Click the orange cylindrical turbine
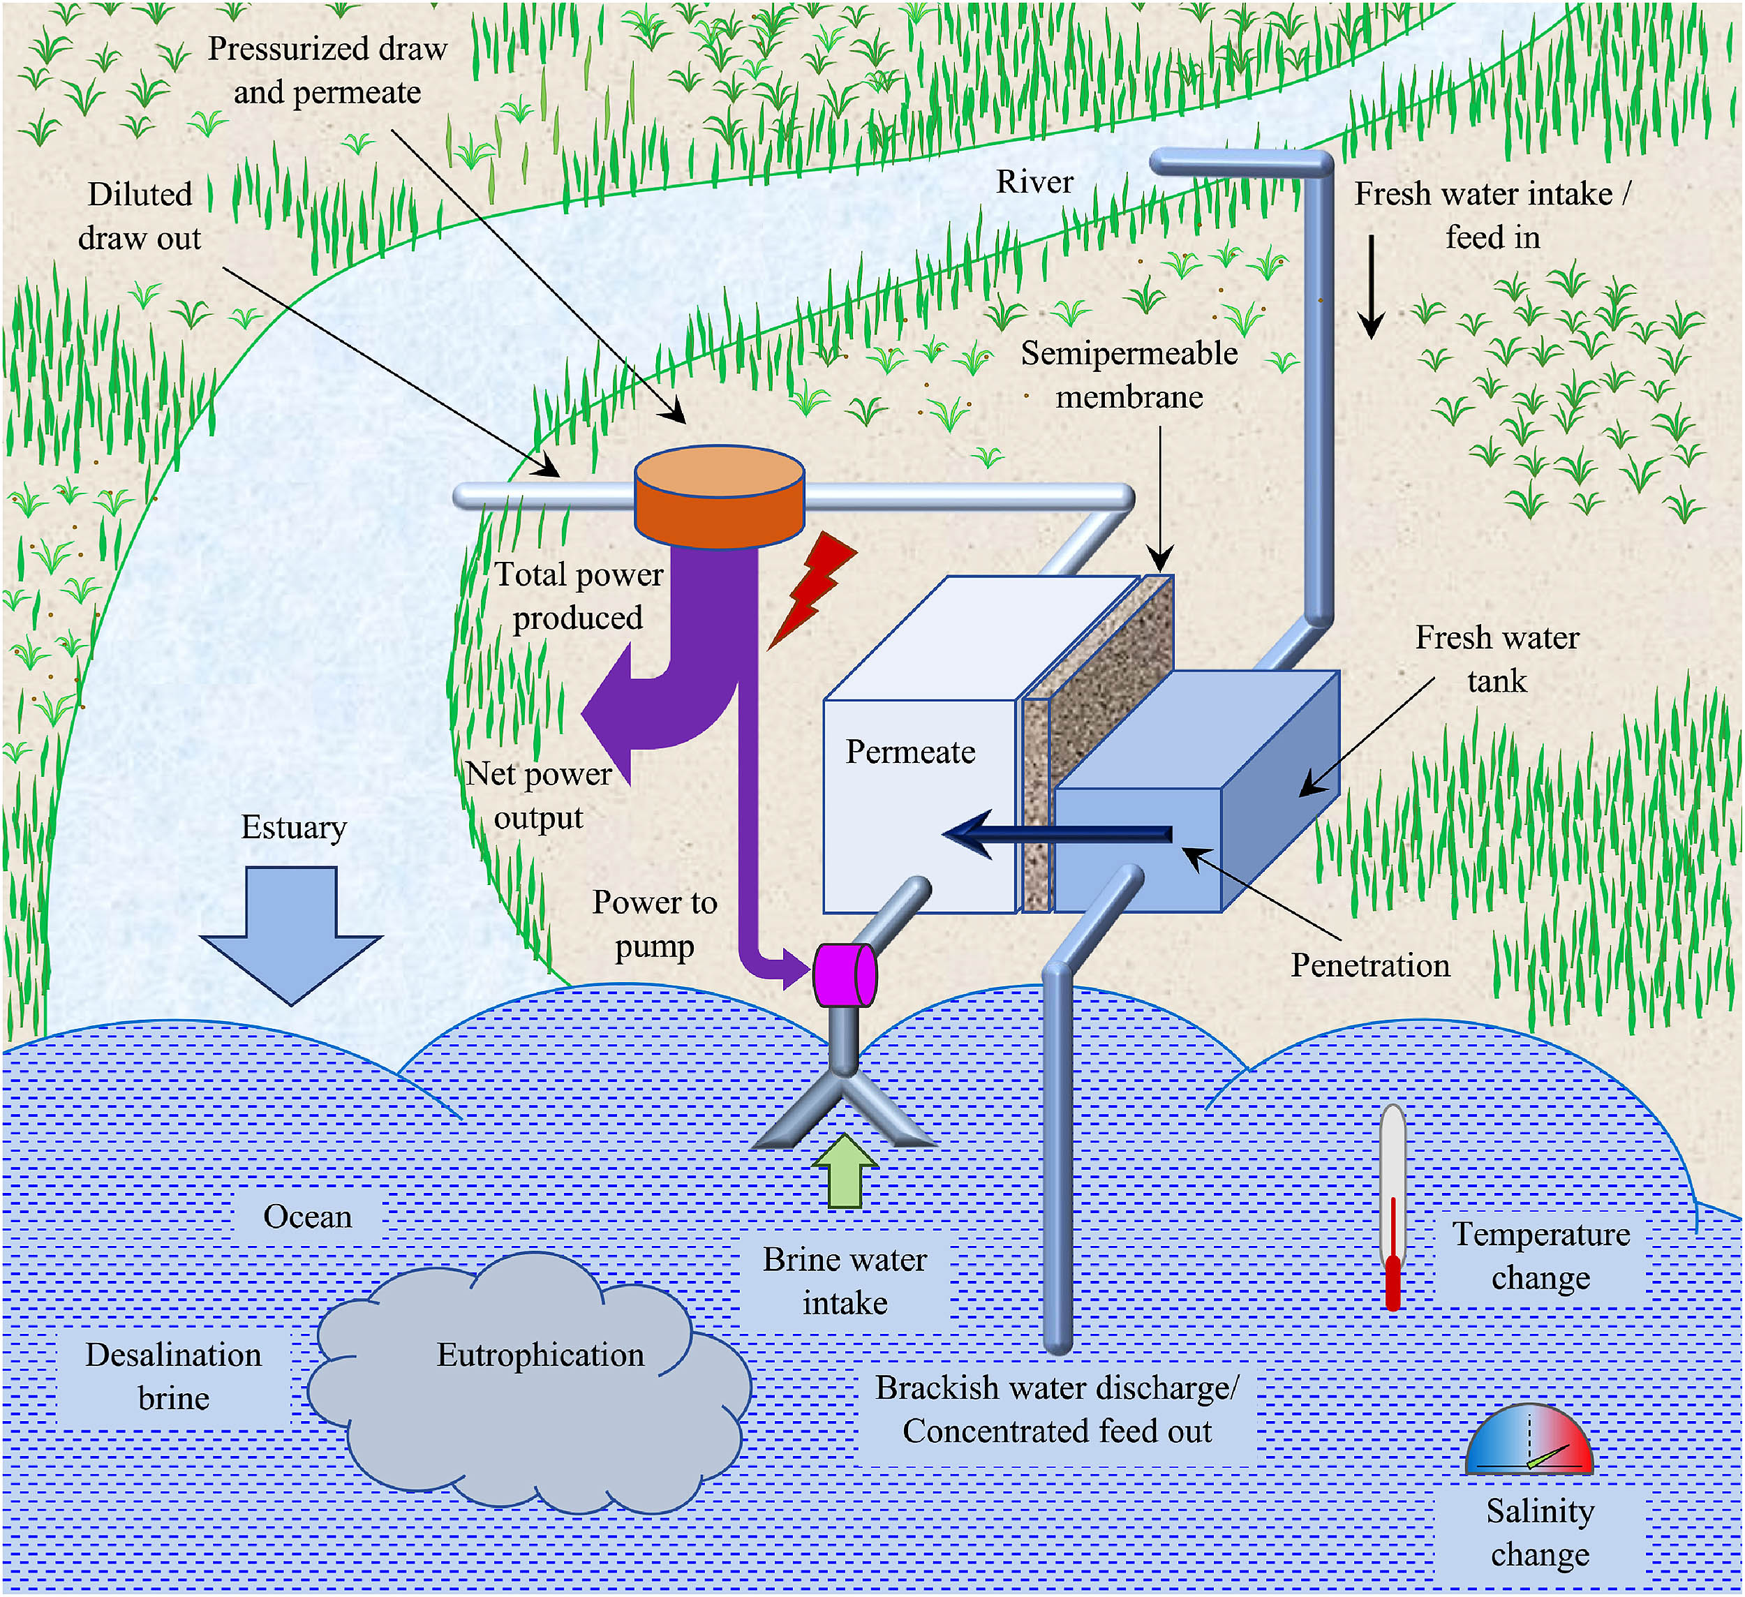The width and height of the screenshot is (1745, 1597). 720,497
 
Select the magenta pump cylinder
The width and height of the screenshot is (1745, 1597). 844,974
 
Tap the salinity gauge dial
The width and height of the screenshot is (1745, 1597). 1529,1442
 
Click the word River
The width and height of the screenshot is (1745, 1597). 1034,181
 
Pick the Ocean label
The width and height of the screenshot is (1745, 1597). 307,1216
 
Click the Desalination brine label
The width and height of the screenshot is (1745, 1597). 173,1376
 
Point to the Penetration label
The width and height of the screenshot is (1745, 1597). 1370,965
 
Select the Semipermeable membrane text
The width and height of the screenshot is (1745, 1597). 1129,375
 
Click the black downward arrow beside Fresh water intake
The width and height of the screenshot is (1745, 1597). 1371,286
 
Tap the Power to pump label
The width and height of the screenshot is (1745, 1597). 655,924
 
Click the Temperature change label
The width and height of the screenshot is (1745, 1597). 1540,1256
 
